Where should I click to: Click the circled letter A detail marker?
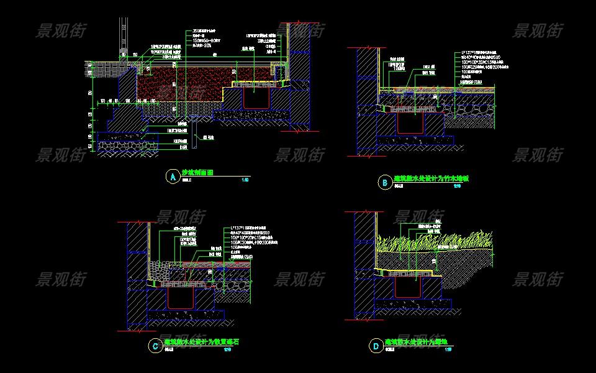tap(172, 177)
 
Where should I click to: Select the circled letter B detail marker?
tap(385, 182)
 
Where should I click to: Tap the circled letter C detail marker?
tap(155, 346)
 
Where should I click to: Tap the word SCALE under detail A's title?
tap(186, 181)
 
